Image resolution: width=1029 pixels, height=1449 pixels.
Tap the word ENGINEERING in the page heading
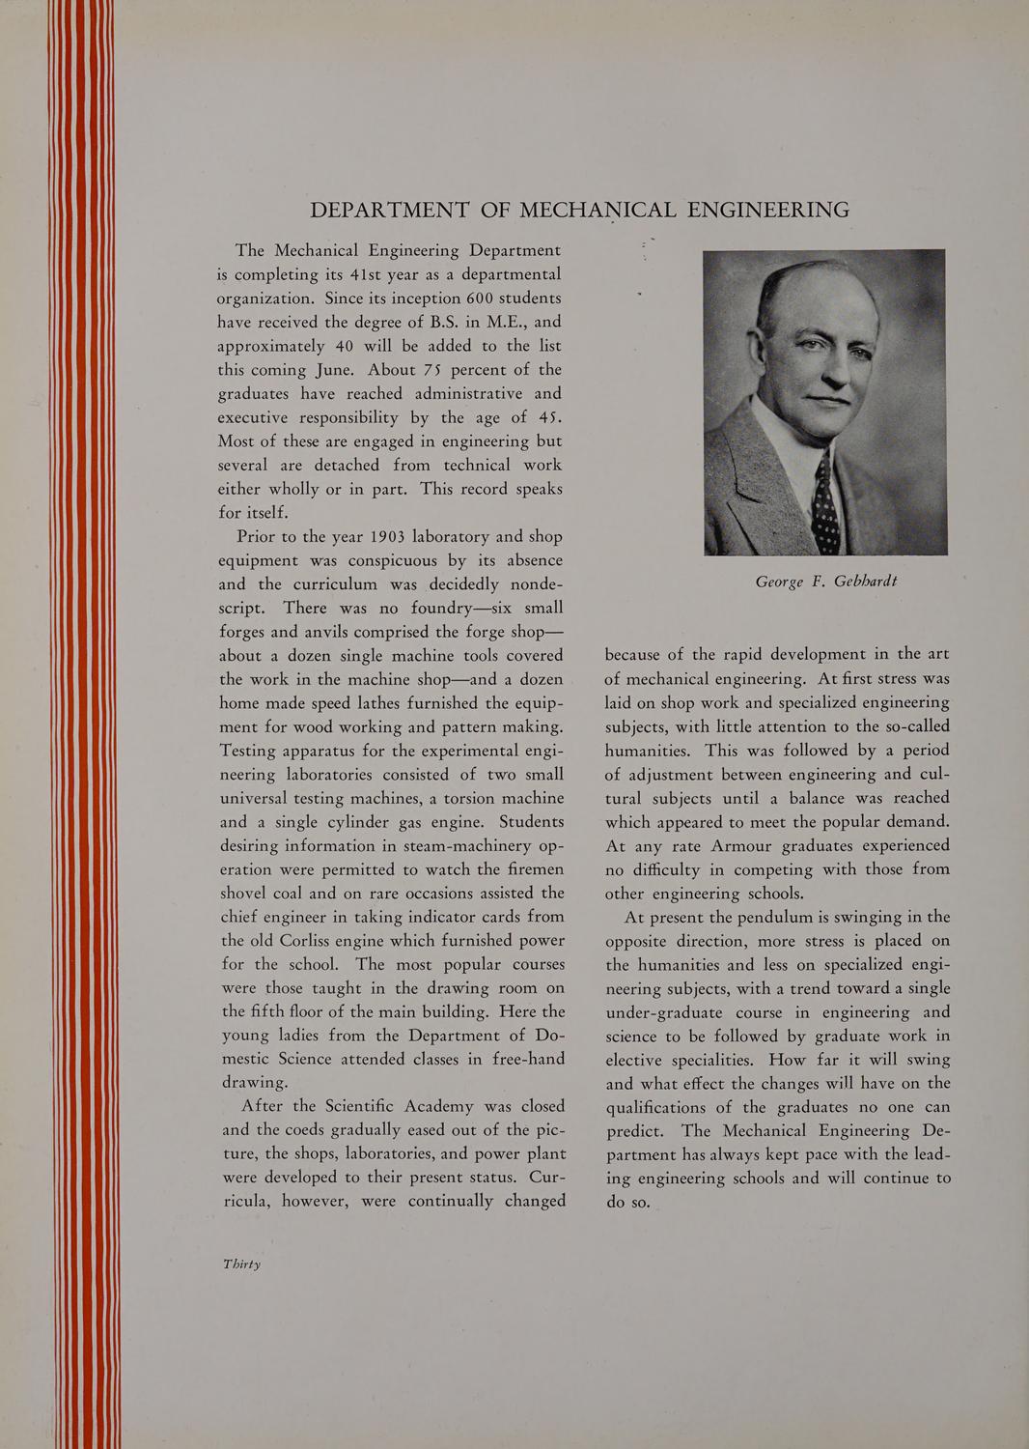(x=768, y=210)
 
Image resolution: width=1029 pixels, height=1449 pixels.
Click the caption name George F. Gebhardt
(x=826, y=581)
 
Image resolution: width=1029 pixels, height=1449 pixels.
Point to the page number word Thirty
(x=241, y=1264)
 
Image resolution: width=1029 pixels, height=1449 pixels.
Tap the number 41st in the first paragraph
(x=349, y=274)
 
